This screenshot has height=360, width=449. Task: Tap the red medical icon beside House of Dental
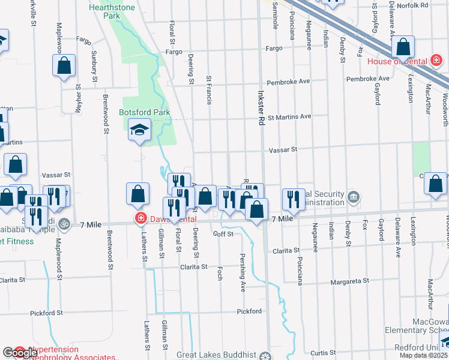pyautogui.click(x=435, y=61)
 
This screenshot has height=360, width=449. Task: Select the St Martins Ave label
pyautogui.click(x=289, y=117)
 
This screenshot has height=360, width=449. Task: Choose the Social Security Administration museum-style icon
pyautogui.click(x=354, y=197)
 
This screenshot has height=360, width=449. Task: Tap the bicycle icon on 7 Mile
pyautogui.click(x=65, y=224)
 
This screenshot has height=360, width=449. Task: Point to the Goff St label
pyautogui.click(x=223, y=234)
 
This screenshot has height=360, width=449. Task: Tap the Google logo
pyautogui.click(x=20, y=353)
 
